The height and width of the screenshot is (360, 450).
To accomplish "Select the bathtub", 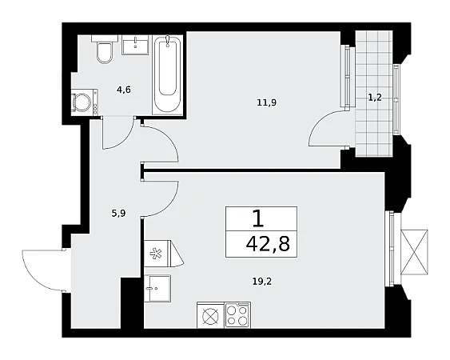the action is coord(167,74).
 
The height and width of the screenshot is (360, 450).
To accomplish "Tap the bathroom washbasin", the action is coord(135,45).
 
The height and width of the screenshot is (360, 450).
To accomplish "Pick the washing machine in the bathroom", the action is coord(85,102).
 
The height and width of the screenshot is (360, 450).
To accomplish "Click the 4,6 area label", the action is coord(124,90).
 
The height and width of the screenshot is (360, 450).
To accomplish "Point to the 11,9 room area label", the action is coord(267,102).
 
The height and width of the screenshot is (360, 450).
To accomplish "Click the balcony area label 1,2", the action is coord(375,98).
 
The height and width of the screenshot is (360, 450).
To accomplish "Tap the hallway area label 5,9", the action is coord(119,214).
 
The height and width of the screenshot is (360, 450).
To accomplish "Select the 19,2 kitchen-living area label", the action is coord(262,282).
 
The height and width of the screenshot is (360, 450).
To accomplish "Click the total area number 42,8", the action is coord(268,245).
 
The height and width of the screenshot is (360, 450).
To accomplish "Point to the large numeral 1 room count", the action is coord(258,218).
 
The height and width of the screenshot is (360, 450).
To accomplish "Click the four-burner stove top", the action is coord(237,315).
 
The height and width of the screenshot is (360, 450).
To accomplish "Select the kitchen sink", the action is coord(157,288).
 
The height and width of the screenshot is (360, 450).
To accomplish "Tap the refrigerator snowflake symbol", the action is coord(157,254).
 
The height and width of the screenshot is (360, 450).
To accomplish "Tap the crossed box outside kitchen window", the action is coord(414,253).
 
